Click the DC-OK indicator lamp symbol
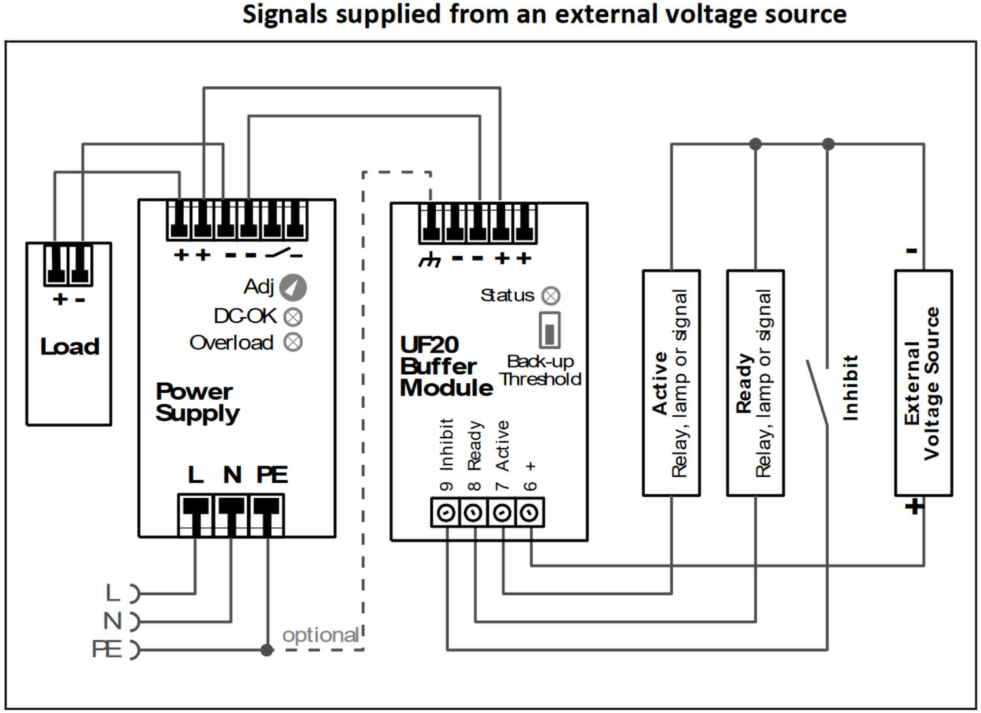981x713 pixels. [x=294, y=317]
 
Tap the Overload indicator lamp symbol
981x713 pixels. [x=293, y=342]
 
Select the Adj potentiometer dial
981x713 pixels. [x=292, y=287]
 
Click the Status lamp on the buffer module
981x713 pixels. [x=551, y=296]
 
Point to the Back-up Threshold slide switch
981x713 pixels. [x=549, y=330]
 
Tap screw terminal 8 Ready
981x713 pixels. [x=473, y=513]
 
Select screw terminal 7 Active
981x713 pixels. [x=502, y=513]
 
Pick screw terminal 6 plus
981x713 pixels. [x=530, y=513]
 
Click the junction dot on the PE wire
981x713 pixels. [x=267, y=650]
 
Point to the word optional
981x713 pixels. [x=320, y=635]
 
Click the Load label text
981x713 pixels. [x=69, y=347]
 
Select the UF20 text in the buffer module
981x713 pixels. [x=429, y=345]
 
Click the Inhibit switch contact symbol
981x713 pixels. [x=817, y=392]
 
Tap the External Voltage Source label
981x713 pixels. [x=922, y=383]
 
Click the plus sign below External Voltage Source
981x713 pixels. [x=914, y=506]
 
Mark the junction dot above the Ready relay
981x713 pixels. [x=755, y=144]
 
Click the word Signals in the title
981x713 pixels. [x=284, y=14]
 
